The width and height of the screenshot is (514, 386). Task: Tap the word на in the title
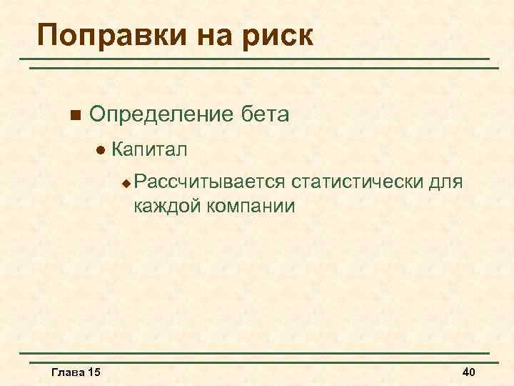point(211,35)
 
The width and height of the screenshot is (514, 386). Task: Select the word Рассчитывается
point(208,182)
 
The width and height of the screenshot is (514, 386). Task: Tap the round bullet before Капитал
point(100,150)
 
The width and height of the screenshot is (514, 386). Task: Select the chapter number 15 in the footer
point(93,372)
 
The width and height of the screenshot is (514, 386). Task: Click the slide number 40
point(469,372)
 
